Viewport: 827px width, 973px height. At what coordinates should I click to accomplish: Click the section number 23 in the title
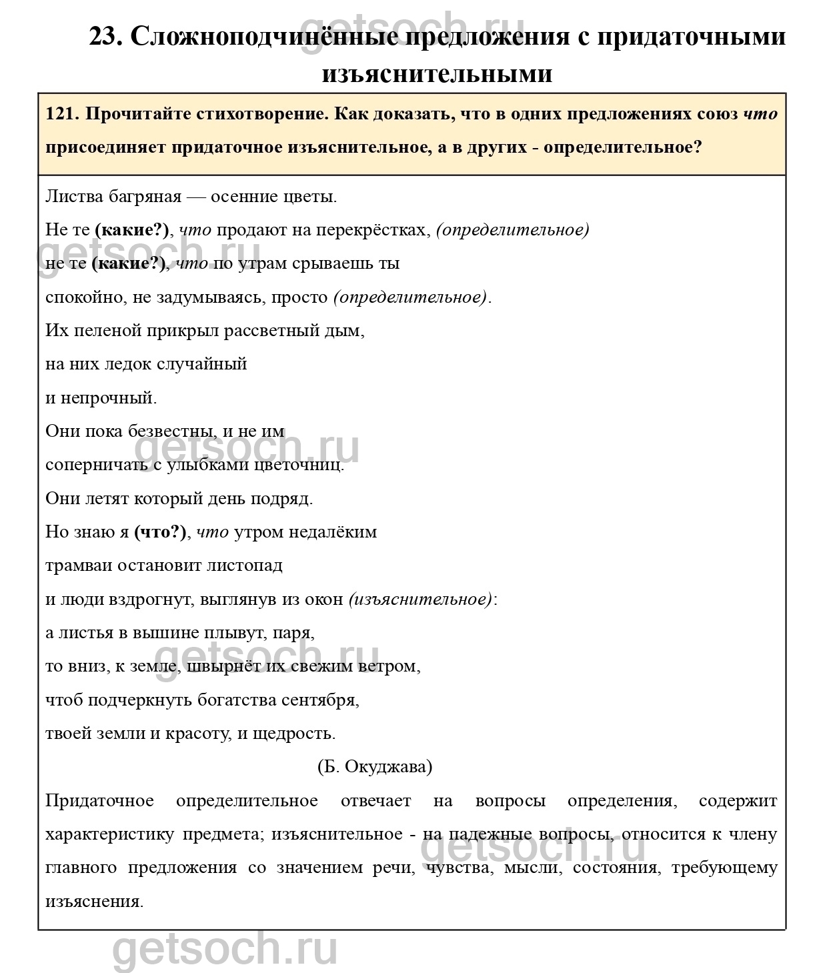104,37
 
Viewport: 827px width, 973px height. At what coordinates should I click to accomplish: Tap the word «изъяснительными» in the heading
437,73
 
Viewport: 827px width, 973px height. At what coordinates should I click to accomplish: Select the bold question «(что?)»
160,532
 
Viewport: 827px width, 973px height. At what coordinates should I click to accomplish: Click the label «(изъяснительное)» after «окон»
420,600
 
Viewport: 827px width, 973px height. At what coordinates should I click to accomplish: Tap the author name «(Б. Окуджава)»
375,767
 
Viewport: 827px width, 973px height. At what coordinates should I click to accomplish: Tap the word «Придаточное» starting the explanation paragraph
99,801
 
